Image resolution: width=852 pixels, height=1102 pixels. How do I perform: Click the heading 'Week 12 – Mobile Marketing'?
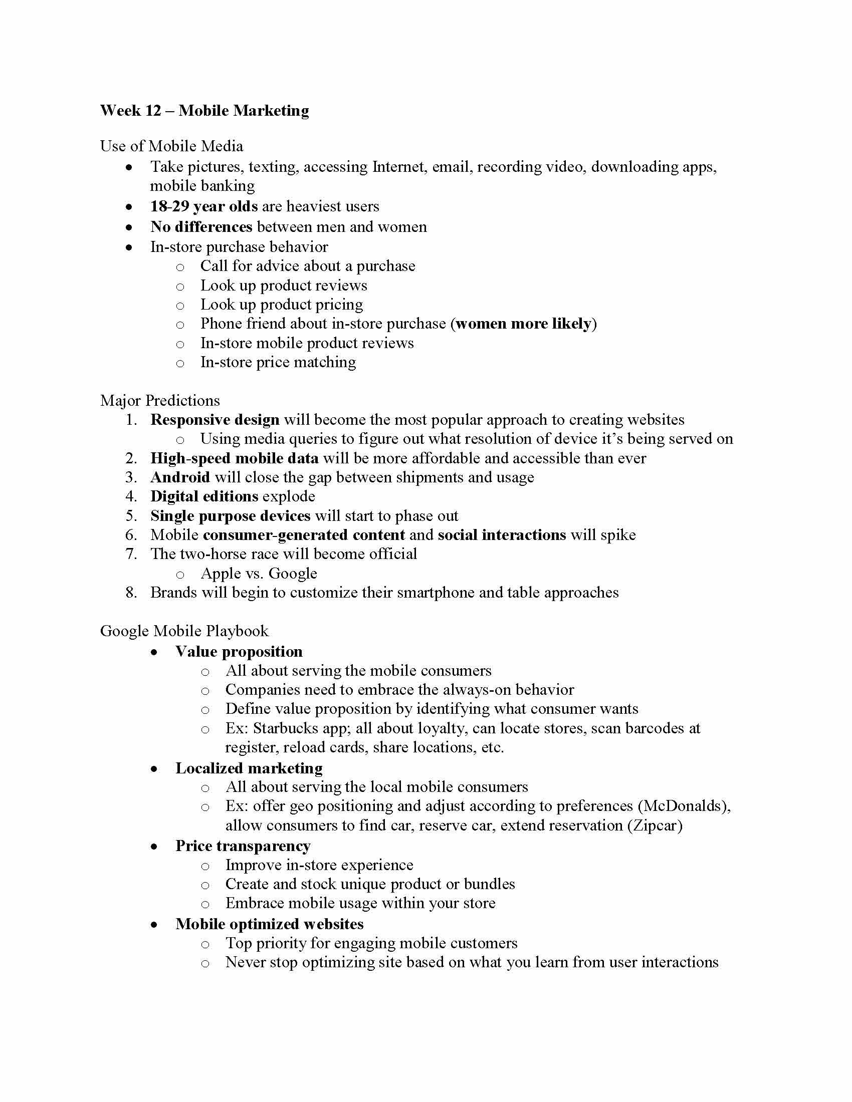(204, 111)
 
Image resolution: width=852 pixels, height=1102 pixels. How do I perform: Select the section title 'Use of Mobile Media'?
(171, 146)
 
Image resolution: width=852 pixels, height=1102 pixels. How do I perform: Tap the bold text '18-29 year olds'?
(204, 206)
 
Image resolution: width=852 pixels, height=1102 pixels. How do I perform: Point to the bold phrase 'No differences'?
(201, 226)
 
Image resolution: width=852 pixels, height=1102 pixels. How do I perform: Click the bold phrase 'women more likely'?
(523, 324)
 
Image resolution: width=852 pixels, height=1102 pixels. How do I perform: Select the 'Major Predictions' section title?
(160, 401)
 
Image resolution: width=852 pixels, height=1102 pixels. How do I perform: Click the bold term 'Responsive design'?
(215, 420)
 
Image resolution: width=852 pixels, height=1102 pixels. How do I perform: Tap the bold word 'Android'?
(180, 477)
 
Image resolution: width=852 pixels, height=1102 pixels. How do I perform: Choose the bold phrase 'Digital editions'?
(204, 496)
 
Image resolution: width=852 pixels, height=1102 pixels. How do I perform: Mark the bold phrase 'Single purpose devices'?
(231, 515)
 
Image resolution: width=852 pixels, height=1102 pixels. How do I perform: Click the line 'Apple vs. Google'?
(259, 574)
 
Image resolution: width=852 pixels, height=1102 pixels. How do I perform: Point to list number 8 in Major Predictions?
(131, 593)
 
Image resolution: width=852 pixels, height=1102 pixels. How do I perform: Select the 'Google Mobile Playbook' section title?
(184, 631)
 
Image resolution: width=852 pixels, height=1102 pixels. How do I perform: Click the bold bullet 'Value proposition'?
(239, 651)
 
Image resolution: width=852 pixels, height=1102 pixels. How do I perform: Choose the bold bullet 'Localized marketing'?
(250, 768)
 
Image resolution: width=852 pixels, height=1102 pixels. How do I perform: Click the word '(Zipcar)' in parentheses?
(655, 825)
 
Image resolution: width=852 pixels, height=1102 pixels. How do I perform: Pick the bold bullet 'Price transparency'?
(243, 846)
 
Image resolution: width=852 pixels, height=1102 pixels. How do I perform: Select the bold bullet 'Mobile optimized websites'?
(270, 924)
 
